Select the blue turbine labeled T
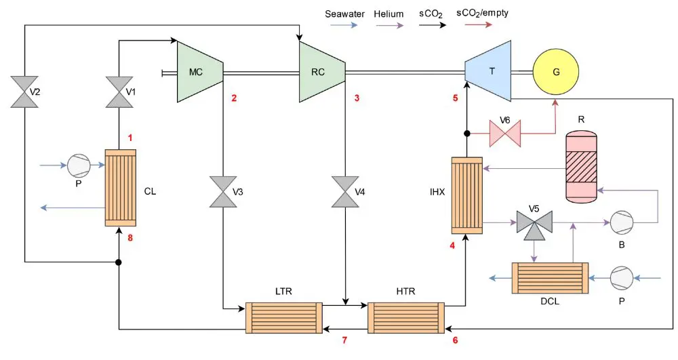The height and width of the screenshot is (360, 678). [488, 71]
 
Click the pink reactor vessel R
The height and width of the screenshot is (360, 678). [582, 165]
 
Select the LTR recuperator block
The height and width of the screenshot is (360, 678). [283, 317]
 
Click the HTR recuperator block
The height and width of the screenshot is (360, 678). [405, 317]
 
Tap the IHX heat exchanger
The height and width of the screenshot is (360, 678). [466, 195]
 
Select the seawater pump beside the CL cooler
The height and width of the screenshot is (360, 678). [78, 164]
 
